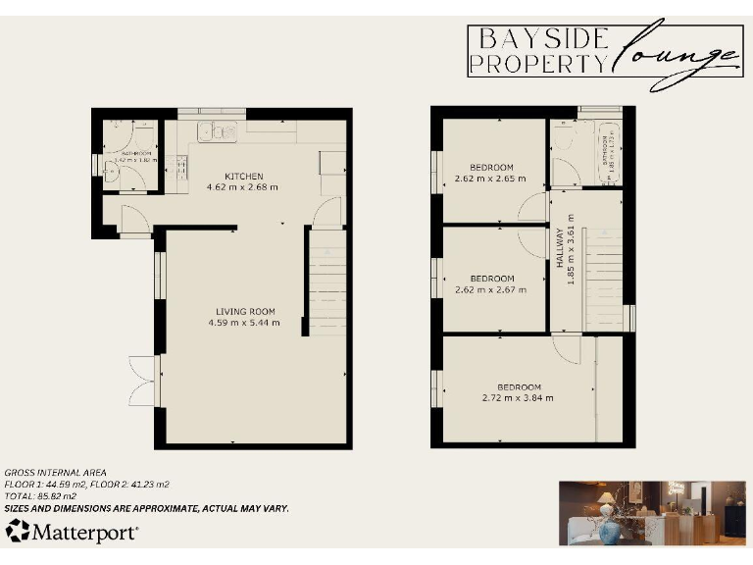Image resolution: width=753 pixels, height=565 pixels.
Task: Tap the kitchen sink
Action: (x=217, y=131)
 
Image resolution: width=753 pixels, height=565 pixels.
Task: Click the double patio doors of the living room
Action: (x=143, y=382)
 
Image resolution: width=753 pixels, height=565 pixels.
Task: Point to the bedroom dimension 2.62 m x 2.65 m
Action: (x=490, y=179)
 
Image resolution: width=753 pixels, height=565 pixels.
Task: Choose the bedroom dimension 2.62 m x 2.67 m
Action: (x=490, y=289)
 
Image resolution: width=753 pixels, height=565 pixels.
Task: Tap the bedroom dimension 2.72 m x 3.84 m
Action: (x=518, y=397)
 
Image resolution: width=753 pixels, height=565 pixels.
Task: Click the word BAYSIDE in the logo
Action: (x=542, y=39)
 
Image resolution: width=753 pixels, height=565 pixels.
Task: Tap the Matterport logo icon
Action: (x=18, y=531)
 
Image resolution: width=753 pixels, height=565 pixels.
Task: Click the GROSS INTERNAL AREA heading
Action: (x=55, y=473)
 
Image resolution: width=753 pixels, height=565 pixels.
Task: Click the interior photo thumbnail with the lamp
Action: (x=651, y=511)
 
